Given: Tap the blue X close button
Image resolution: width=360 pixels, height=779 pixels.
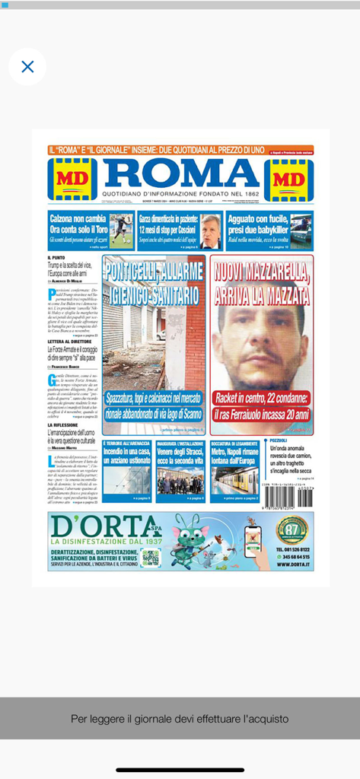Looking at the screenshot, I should point(27,67).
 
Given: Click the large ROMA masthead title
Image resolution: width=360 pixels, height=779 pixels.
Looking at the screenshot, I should point(181,173).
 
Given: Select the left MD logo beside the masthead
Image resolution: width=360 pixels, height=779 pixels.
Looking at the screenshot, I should point(72,180).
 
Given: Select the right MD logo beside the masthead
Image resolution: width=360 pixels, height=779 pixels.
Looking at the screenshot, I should point(288,180).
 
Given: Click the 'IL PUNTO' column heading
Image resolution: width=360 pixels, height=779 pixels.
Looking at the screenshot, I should point(56,258).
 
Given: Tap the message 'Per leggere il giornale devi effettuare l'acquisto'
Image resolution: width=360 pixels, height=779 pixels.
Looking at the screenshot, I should point(180,718).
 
